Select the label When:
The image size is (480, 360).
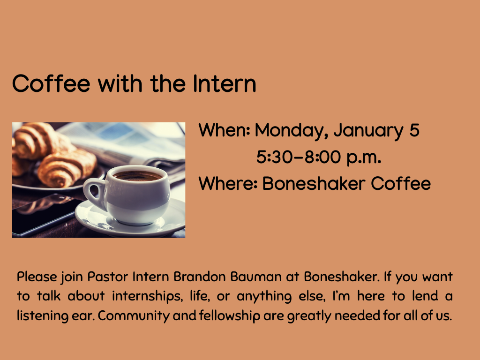click(x=224, y=130)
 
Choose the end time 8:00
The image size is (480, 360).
click(x=322, y=157)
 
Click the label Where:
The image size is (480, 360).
click(x=228, y=184)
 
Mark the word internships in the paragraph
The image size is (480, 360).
click(x=146, y=297)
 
